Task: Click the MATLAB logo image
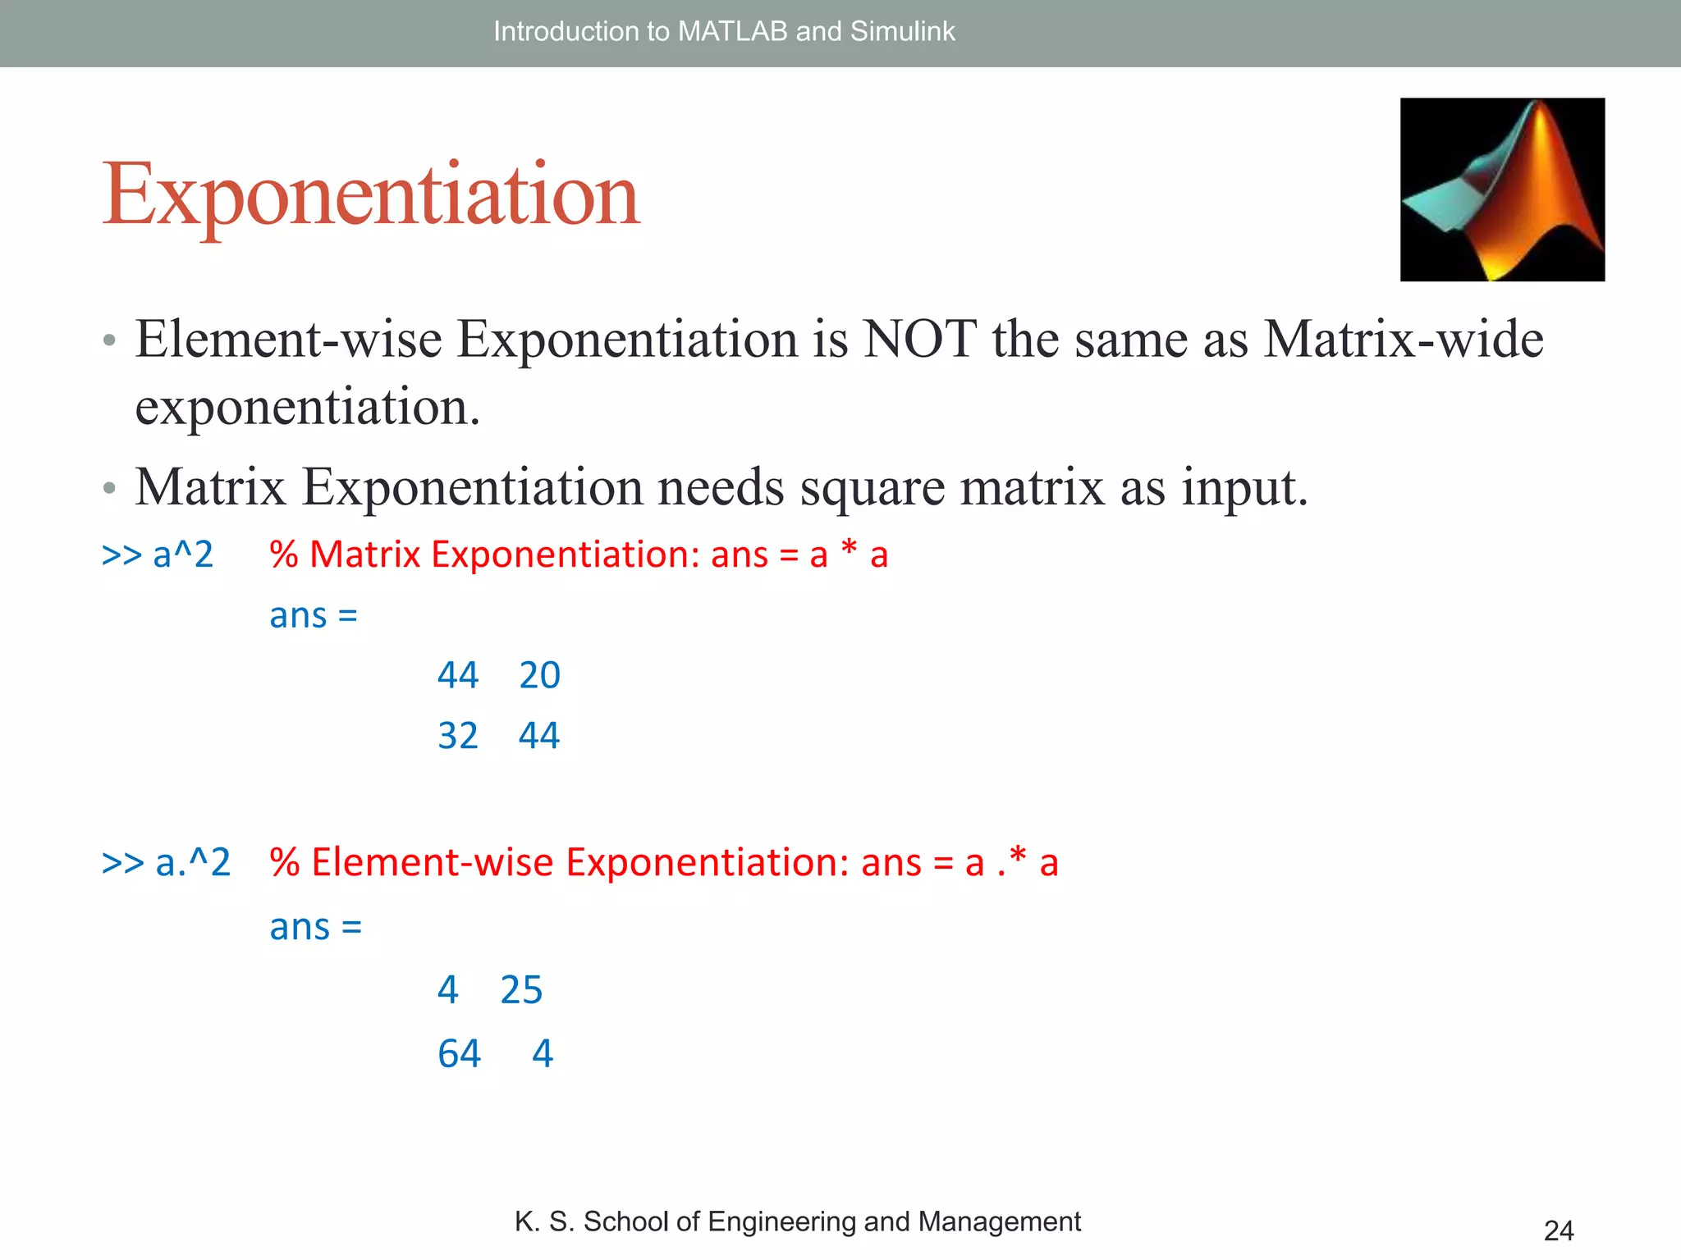pyautogui.click(x=1502, y=189)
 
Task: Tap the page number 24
pyautogui.click(x=1558, y=1230)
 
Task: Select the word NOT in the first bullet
pyautogui.click(x=919, y=339)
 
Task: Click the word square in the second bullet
pyautogui.click(x=872, y=487)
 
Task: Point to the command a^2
pyautogui.click(x=182, y=555)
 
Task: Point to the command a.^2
pyautogui.click(x=192, y=862)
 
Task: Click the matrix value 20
pyautogui.click(x=539, y=675)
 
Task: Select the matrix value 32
pyautogui.click(x=457, y=736)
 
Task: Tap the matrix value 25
pyautogui.click(x=521, y=990)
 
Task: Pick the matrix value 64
pyautogui.click(x=459, y=1053)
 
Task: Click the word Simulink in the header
pyautogui.click(x=902, y=31)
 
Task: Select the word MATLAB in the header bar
pyautogui.click(x=733, y=31)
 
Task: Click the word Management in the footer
pyautogui.click(x=999, y=1221)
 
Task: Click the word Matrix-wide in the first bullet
pyautogui.click(x=1404, y=339)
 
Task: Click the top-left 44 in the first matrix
pyautogui.click(x=457, y=675)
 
